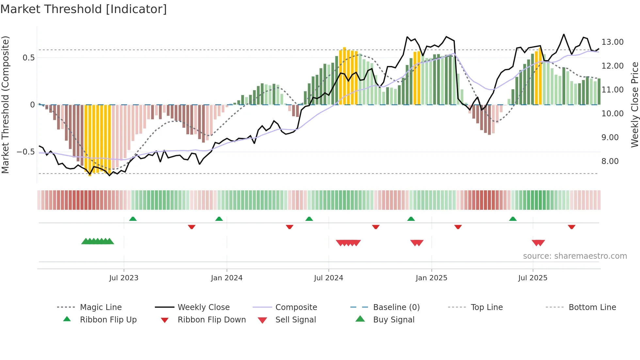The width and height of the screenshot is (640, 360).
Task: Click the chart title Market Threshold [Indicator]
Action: (84, 9)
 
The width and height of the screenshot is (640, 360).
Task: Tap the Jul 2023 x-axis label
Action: (124, 278)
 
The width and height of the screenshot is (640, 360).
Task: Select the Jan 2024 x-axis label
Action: (227, 278)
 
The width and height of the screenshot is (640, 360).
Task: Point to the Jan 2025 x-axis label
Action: (431, 278)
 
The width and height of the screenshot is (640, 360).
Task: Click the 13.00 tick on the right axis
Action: (613, 42)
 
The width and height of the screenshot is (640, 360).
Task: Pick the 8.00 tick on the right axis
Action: (610, 161)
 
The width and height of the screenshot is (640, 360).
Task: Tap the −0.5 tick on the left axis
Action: (25, 152)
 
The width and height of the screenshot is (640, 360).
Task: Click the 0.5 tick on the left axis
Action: (28, 58)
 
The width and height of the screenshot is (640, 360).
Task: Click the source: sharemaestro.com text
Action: (575, 256)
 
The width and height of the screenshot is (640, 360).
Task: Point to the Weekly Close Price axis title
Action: (634, 105)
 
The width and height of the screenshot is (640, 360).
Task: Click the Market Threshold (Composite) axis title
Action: (5, 105)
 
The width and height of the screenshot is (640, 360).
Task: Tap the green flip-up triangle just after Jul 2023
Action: (133, 219)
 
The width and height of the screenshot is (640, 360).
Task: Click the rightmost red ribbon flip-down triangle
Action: (571, 227)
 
